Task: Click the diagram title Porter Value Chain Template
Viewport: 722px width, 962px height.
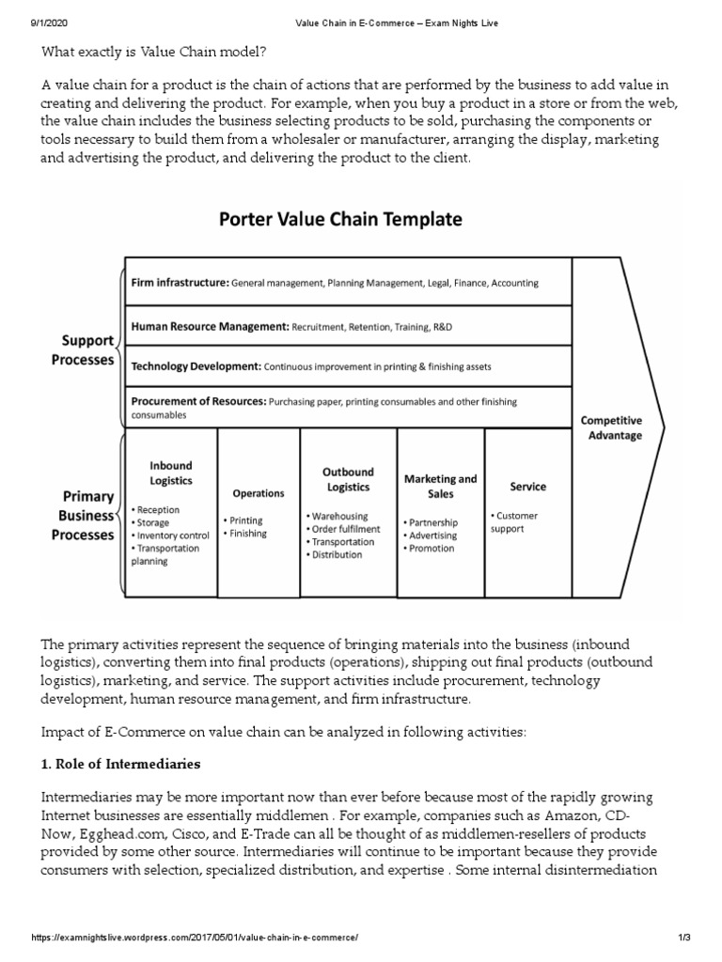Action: [340, 220]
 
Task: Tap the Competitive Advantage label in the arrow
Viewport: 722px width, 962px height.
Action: [611, 427]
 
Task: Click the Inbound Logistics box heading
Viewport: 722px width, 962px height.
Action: [170, 473]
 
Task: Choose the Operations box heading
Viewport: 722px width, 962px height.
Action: [259, 493]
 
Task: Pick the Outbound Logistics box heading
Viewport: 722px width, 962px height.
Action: [348, 479]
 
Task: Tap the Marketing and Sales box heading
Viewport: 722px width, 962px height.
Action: [440, 486]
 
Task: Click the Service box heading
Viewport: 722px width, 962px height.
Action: [527, 487]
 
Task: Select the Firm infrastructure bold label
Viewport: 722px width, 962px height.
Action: [179, 282]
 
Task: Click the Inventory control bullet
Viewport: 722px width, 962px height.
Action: [172, 535]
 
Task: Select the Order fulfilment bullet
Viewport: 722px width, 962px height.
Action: [345, 529]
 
